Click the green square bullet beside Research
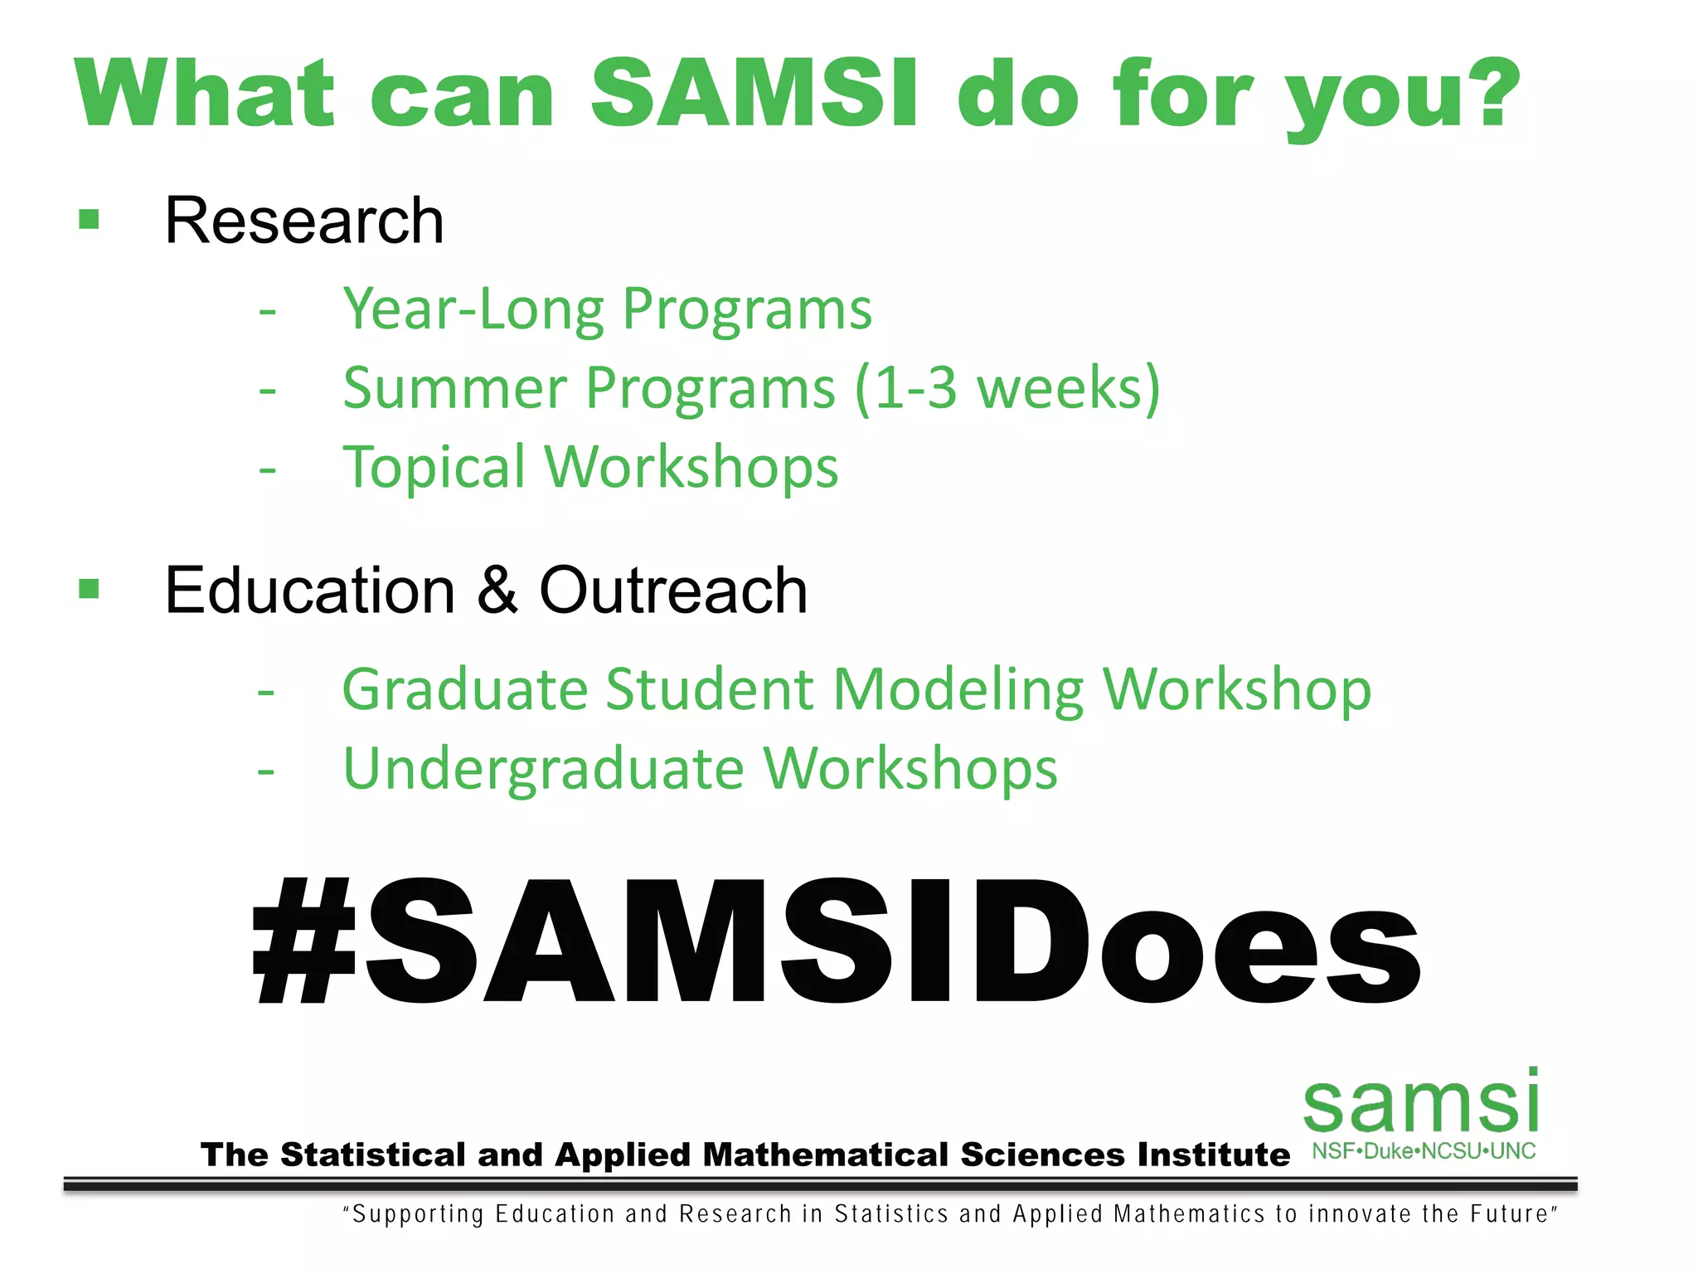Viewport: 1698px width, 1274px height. (89, 219)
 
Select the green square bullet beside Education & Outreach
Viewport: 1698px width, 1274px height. (89, 589)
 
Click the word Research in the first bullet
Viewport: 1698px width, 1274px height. (304, 221)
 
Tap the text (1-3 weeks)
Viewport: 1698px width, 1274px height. (1007, 388)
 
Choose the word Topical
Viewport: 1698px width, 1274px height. (434, 467)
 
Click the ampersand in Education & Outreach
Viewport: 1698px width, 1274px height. (497, 590)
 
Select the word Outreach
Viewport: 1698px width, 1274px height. (673, 590)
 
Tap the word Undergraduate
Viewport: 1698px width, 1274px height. (544, 768)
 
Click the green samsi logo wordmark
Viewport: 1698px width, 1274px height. (1421, 1103)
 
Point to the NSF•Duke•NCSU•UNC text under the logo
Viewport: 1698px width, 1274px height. (1423, 1151)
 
